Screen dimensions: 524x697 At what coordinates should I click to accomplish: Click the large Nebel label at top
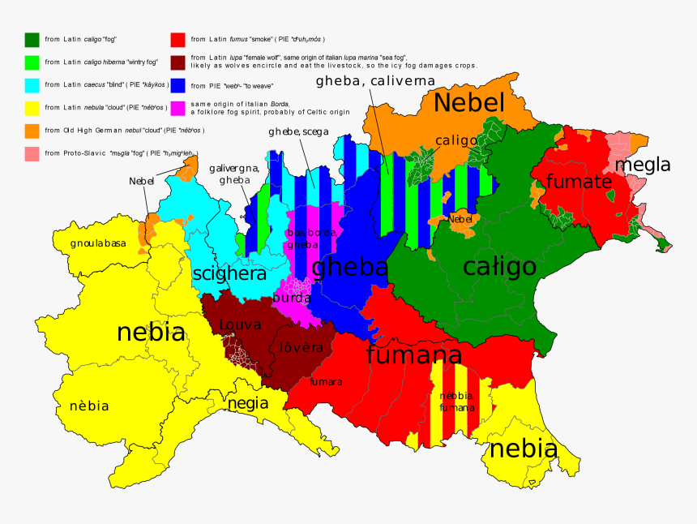469,103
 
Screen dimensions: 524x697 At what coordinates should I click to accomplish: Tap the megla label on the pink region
643,165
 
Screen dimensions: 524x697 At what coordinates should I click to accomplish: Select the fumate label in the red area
578,182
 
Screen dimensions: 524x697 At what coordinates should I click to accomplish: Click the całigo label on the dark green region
499,266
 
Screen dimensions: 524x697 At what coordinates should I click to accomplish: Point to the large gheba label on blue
349,267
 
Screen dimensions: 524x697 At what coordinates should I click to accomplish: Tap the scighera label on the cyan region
229,274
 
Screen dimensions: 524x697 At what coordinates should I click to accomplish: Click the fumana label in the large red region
413,354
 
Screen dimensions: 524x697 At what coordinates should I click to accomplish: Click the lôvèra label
301,348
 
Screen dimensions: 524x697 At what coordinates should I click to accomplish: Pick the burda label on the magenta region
291,298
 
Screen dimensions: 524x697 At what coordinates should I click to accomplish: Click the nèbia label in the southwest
89,406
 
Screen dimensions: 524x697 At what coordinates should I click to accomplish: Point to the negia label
248,403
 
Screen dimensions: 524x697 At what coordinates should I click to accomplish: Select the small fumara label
326,381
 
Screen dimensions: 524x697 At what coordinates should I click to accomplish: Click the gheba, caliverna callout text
375,81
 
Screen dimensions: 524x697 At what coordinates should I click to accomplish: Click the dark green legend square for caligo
32,39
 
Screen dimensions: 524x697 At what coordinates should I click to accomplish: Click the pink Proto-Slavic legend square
32,152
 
